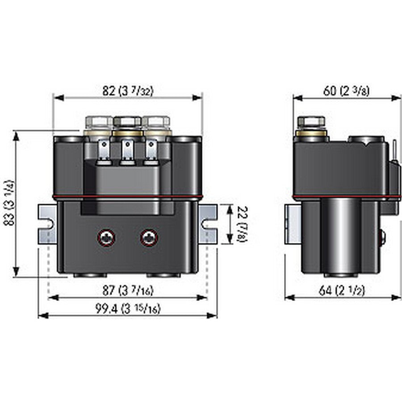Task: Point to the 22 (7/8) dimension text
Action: point(241,225)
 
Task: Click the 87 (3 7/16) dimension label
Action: point(128,291)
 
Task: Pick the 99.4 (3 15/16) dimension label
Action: point(128,309)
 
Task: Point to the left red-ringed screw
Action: point(106,238)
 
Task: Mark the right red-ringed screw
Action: point(148,238)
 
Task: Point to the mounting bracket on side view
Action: point(291,223)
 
